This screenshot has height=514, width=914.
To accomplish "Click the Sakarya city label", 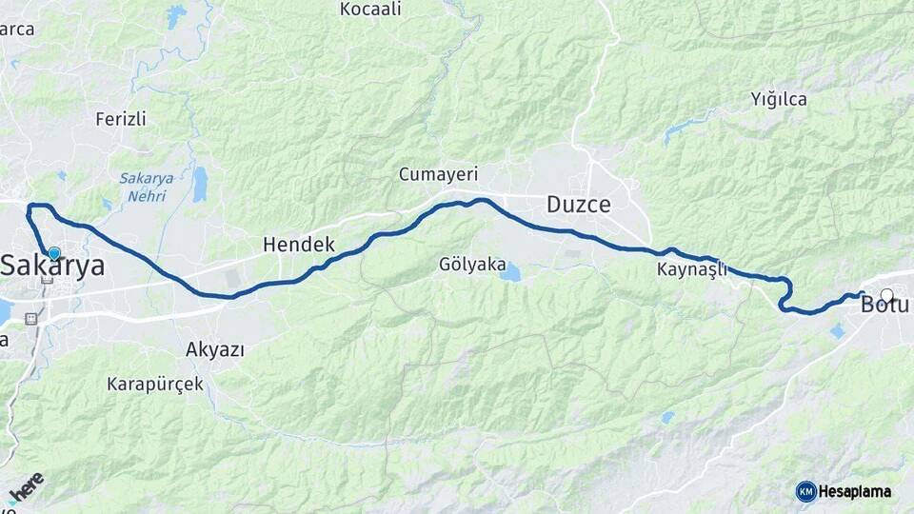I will [x=53, y=267].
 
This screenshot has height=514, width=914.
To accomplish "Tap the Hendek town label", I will [x=299, y=245].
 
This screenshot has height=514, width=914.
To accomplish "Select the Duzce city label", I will [x=578, y=205].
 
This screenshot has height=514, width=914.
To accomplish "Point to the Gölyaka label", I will [x=472, y=265].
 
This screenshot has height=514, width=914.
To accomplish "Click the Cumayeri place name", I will [x=438, y=175].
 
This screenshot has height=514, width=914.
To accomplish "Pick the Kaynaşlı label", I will [x=692, y=269].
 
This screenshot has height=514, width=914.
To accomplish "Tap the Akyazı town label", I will [x=215, y=349].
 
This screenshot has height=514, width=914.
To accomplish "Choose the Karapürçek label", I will [x=155, y=385].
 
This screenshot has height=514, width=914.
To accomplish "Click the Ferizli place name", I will [x=121, y=119].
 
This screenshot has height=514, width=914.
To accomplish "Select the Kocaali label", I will [x=371, y=10].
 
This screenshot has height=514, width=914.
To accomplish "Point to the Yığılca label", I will [x=779, y=99].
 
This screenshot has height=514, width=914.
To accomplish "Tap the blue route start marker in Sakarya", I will [x=54, y=253].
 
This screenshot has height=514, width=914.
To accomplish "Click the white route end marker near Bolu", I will [x=887, y=295].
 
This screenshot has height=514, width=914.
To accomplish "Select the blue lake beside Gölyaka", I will [x=511, y=273].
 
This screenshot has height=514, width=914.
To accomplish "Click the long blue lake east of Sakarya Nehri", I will [x=200, y=185].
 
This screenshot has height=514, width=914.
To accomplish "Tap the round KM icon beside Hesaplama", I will [x=805, y=491].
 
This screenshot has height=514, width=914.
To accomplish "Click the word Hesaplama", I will [x=854, y=492].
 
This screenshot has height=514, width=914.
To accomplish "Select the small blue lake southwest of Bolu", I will [x=837, y=331].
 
